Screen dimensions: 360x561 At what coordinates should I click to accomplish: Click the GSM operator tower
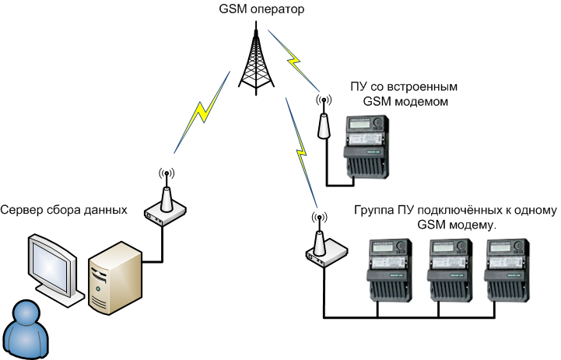257,59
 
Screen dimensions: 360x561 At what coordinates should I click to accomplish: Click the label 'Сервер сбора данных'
64,210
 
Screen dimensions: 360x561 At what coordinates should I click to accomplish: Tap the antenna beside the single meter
321,121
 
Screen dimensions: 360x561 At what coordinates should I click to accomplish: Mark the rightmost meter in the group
508,268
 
